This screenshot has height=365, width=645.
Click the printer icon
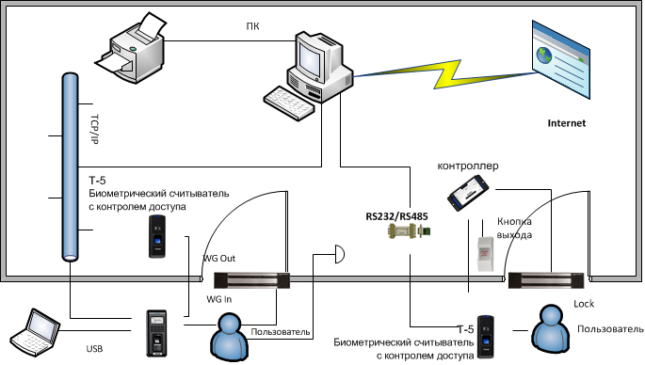coord(130,48)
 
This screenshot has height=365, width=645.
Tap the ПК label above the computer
coord(252,26)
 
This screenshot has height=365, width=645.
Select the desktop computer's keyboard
coord(289,103)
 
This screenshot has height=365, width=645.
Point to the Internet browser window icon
coord(561,59)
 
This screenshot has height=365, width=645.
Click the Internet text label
coord(567,123)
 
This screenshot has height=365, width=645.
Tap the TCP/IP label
coord(94,129)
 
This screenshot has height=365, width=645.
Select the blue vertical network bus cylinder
coord(70,167)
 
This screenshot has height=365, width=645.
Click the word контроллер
coord(468,166)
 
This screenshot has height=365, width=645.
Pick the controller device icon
coord(468,193)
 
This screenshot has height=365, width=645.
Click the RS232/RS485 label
coord(396,216)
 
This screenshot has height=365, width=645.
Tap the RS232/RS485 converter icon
coord(409,231)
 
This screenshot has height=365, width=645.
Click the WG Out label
coord(219,259)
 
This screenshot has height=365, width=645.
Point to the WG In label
coord(218,299)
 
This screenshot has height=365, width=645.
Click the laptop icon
coord(35,332)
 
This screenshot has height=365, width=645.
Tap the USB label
coord(94,349)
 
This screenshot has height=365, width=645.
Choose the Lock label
coord(584,304)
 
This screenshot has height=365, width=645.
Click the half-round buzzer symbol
coord(340,254)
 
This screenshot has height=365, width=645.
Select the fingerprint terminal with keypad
coord(157,333)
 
